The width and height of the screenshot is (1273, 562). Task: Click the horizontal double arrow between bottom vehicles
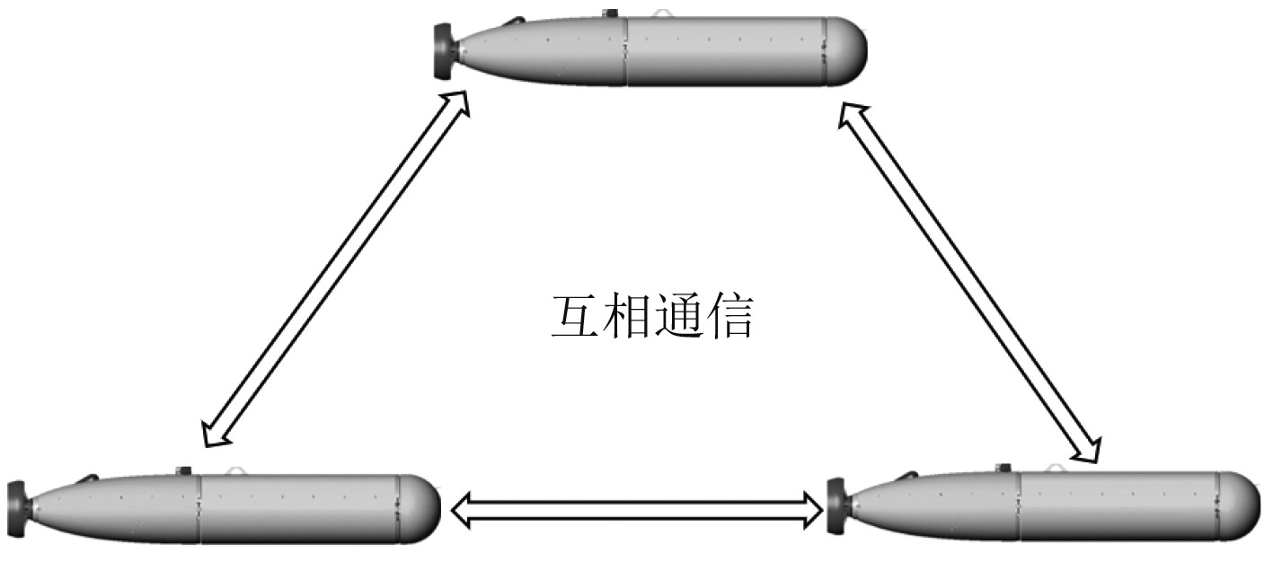point(637,512)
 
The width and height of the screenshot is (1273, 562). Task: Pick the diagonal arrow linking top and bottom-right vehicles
point(969,283)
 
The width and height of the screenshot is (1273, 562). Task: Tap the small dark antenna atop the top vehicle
point(611,13)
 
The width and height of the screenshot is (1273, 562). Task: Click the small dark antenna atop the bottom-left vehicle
point(185,470)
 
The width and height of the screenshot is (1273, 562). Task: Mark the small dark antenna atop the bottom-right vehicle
point(1003,467)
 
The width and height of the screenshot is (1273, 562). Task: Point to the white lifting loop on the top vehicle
point(662,14)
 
